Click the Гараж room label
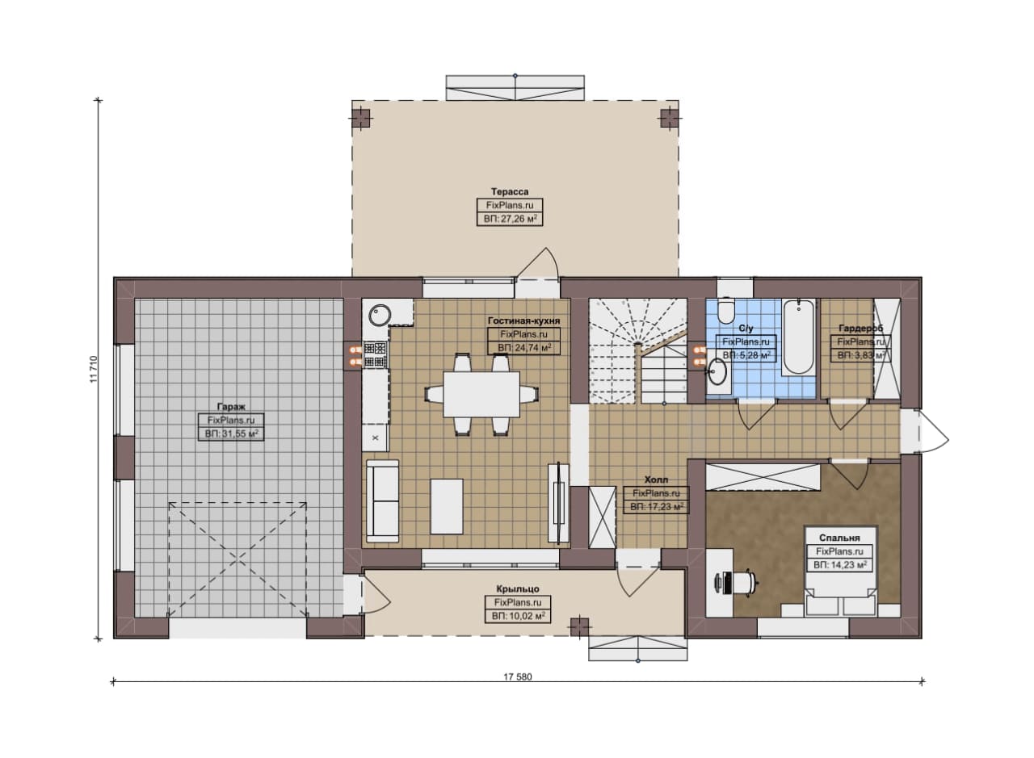coord(231,407)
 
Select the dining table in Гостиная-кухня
coord(481,395)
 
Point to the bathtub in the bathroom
coord(797,337)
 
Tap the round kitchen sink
coord(380,316)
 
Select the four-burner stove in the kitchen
coord(375,354)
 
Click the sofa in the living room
coord(383,500)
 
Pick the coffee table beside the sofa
coord(447,506)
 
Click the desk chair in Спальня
coord(744,583)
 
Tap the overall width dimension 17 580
coord(518,676)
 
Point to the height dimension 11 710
coord(95,369)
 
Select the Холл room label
coord(656,480)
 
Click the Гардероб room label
coord(860,329)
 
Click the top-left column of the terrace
coord(361,118)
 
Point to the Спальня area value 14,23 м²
coord(839,565)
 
